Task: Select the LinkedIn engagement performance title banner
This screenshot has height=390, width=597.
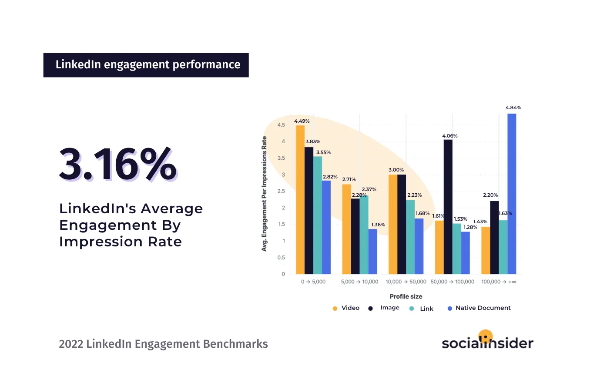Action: (x=146, y=65)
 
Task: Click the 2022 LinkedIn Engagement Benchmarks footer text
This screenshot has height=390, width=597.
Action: (x=163, y=344)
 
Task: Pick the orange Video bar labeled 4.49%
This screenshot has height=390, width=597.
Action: (x=300, y=199)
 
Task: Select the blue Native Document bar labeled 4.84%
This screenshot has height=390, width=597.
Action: (x=512, y=194)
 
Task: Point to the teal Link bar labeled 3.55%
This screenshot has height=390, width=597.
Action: (x=318, y=215)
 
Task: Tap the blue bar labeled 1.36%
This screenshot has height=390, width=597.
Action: (x=372, y=251)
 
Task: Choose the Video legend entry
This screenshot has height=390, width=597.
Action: (x=346, y=308)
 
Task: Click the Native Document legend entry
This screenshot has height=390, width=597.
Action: (x=479, y=308)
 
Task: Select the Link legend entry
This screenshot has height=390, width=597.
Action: (x=422, y=308)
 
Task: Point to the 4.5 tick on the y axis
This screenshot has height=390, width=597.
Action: (x=281, y=125)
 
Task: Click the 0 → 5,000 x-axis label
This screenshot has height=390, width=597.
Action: (x=313, y=282)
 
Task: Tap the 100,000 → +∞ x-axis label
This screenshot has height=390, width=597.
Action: (x=499, y=282)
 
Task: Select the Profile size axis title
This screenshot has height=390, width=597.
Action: (x=406, y=296)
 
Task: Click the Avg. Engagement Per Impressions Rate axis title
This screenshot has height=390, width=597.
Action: (x=264, y=194)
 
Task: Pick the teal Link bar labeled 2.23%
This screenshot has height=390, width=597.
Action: (x=410, y=237)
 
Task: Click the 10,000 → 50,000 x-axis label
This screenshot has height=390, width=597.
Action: (x=406, y=282)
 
